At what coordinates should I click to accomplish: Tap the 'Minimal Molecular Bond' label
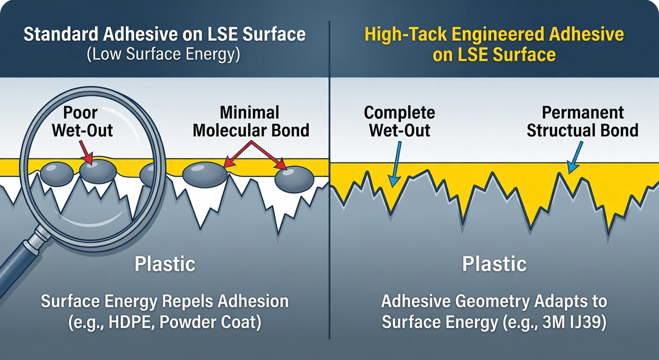250,122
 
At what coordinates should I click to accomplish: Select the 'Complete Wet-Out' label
399,122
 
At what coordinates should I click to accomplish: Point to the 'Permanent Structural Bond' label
582,122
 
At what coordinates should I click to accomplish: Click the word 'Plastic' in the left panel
164,264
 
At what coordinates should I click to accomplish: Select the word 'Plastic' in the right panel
494,264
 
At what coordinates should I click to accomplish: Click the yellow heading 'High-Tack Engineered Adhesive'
494,35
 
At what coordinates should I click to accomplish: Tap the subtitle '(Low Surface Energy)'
163,54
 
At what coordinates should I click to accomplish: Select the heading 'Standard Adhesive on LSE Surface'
164,34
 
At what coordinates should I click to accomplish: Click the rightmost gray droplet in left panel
294,178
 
